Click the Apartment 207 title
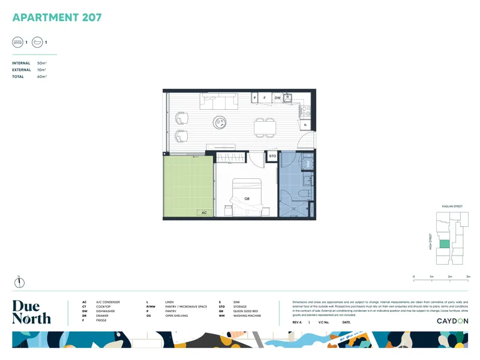click(x=57, y=17)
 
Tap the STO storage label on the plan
click(x=272, y=156)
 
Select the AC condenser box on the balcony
click(x=205, y=212)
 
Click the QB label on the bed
click(x=247, y=199)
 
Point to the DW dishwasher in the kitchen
click(x=277, y=97)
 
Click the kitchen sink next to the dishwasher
click(x=288, y=97)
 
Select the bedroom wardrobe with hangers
click(x=231, y=157)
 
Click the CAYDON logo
click(x=452, y=321)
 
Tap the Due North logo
click(x=31, y=312)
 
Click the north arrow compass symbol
click(x=19, y=280)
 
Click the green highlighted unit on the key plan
click(x=445, y=244)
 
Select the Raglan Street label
click(x=452, y=206)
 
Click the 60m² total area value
click(x=41, y=77)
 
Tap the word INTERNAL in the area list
click(x=21, y=63)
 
